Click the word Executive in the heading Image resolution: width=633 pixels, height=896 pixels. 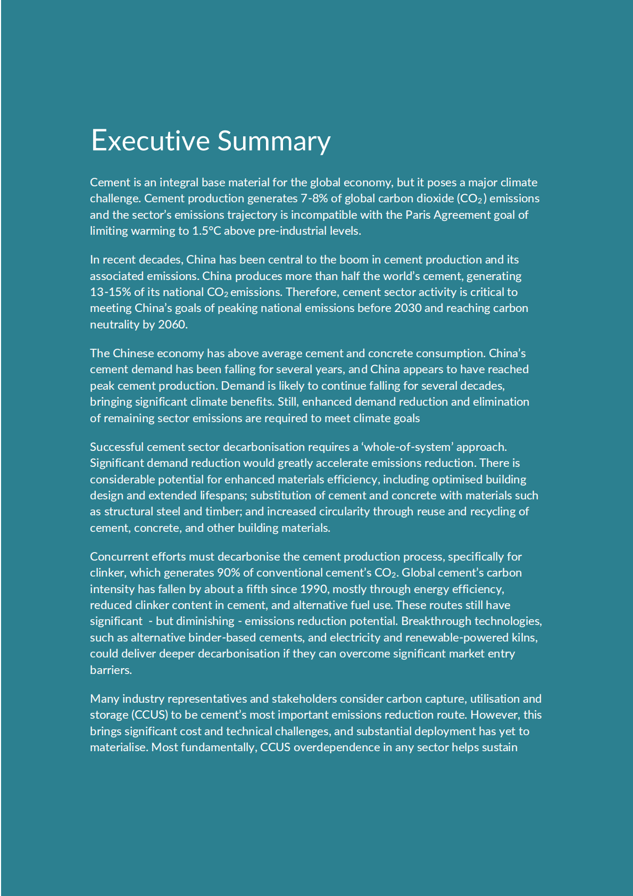point(151,141)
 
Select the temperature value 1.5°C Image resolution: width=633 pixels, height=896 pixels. point(206,231)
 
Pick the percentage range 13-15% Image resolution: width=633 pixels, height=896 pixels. point(110,292)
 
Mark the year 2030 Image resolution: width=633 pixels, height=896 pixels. point(408,308)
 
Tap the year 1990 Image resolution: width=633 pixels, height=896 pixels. point(314,589)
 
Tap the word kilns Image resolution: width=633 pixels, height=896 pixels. point(523,638)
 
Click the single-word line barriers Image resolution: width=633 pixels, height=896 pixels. point(111,670)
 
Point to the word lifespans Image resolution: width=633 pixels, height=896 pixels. point(222,496)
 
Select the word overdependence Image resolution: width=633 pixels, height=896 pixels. point(336,747)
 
